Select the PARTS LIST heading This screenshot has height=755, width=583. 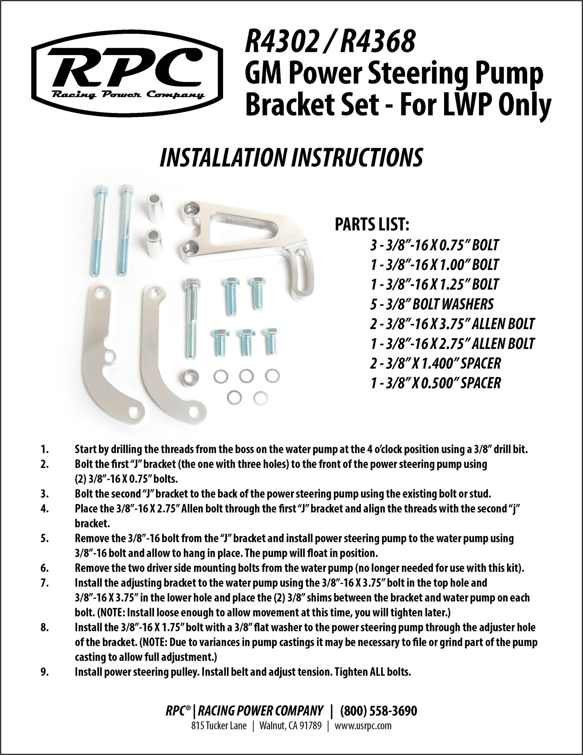click(372, 225)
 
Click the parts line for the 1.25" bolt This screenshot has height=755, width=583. click(434, 284)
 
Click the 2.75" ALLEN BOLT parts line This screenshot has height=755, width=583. click(452, 343)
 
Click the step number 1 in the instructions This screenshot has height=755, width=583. click(44, 449)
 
